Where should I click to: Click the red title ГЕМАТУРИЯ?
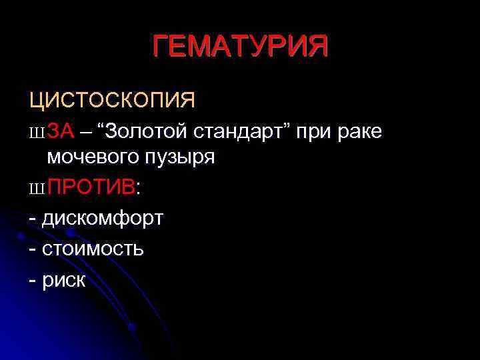click(x=240, y=47)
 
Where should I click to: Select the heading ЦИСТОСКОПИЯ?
click(x=112, y=100)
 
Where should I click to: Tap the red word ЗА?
click(x=61, y=131)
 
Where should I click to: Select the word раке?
click(x=360, y=132)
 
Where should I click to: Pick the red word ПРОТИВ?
click(x=91, y=187)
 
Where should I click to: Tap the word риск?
click(x=64, y=279)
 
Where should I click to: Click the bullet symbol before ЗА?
click(x=36, y=133)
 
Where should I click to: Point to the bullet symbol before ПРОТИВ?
click(x=36, y=189)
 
